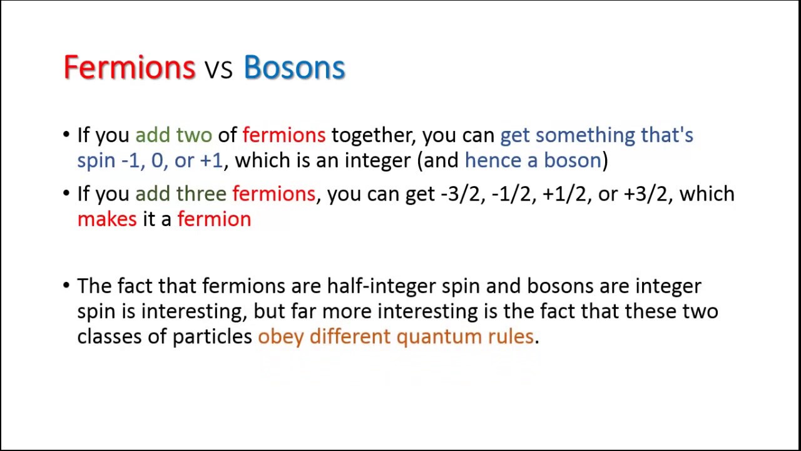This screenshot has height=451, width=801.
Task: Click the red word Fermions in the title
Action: coord(130,67)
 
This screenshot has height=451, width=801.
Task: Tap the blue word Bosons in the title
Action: coord(294,67)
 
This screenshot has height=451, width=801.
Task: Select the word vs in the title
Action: coord(219,70)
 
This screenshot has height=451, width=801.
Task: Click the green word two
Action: coord(194,135)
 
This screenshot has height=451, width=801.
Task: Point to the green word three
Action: coord(202,194)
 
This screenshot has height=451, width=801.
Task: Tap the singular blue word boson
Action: coord(573,160)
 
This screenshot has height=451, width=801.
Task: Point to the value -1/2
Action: coord(511,194)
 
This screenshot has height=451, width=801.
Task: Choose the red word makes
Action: coord(107,219)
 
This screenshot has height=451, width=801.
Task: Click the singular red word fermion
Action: coord(214,219)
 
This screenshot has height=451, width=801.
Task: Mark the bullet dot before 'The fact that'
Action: coord(66,286)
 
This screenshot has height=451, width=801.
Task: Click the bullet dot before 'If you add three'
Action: coord(66,194)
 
